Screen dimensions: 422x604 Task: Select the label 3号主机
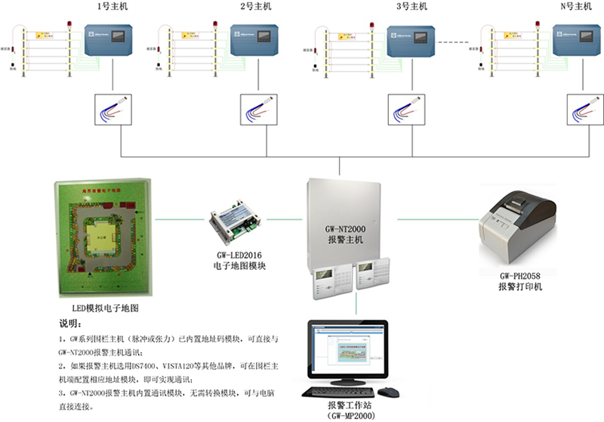pos(411,7)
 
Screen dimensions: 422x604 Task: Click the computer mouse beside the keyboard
pos(388,393)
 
